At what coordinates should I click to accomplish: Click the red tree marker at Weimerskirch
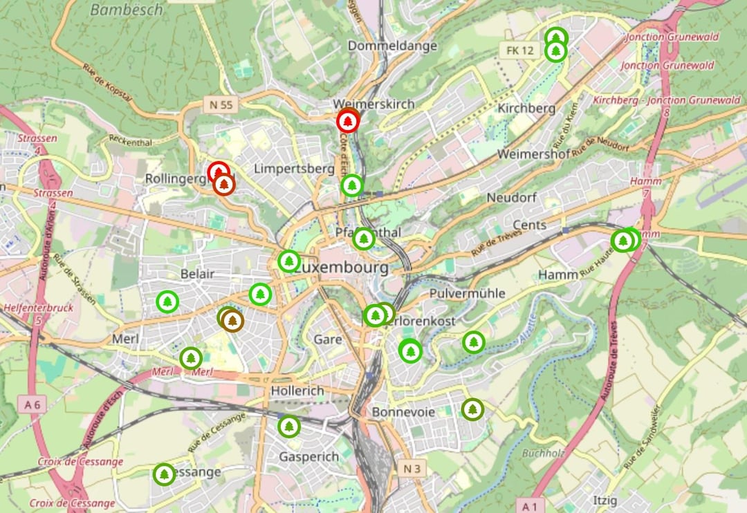pos(348,122)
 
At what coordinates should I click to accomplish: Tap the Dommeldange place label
pos(393,46)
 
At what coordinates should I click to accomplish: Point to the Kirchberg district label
pos(526,109)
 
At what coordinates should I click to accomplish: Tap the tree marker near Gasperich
pos(289,427)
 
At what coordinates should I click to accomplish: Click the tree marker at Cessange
pos(164,474)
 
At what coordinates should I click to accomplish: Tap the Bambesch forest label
pos(127,10)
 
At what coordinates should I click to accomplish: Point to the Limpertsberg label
pos(289,169)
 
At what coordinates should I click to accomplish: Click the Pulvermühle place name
pos(467,293)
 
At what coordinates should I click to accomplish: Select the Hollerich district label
pos(297,391)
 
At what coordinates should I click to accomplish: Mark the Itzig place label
pos(605,500)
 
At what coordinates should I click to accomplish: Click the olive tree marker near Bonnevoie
pos(472,409)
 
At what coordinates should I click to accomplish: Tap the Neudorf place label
pos(511,198)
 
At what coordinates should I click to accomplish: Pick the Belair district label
pos(197,274)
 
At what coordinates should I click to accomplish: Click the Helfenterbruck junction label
pos(39,308)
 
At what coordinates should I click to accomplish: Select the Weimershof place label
pos(533,153)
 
